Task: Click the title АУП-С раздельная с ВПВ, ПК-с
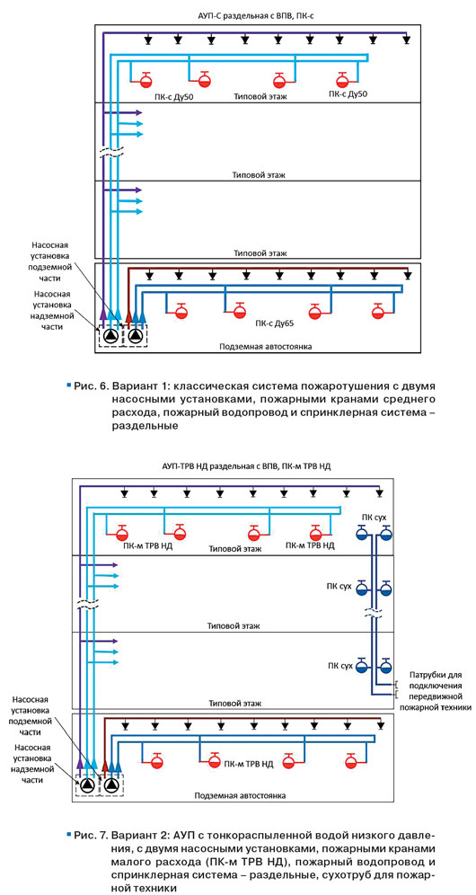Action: click(256, 16)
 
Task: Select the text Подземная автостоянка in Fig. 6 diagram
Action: click(268, 347)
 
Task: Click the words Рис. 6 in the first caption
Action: click(89, 385)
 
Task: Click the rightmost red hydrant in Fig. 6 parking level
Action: click(378, 312)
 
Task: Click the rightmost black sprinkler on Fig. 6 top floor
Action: click(406, 40)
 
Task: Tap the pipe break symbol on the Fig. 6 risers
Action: click(110, 155)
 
